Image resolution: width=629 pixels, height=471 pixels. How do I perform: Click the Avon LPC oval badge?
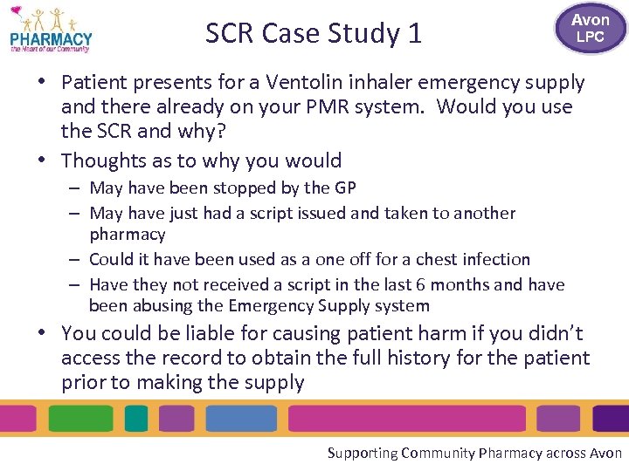click(590, 28)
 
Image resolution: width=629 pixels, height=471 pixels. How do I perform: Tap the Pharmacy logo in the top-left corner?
click(50, 31)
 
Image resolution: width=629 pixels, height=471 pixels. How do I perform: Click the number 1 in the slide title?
click(414, 34)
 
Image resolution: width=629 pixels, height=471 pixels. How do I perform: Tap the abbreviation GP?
click(344, 188)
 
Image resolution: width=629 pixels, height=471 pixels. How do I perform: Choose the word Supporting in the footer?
click(361, 453)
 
